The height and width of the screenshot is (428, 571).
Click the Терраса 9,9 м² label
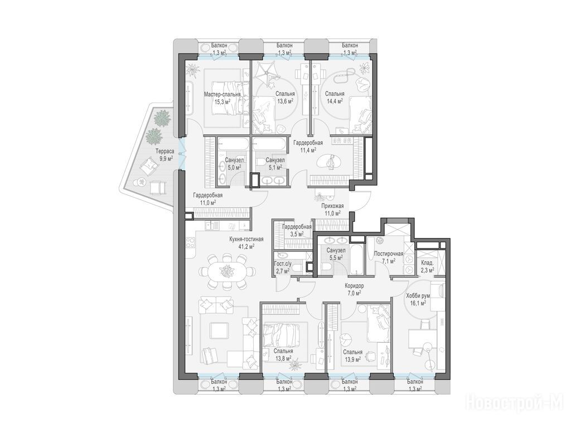(x=164, y=155)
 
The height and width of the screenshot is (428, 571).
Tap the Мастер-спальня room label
(x=222, y=94)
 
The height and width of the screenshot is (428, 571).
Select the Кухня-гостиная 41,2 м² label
(x=246, y=243)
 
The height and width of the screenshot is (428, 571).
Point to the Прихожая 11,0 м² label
(x=332, y=210)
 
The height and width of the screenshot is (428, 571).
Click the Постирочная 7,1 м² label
(x=389, y=257)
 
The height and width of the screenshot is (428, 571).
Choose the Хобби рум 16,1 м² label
(x=416, y=299)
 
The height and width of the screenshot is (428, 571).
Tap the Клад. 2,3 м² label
(x=427, y=266)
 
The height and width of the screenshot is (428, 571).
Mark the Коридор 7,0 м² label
(x=353, y=289)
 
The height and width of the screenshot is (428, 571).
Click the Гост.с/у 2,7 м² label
(x=282, y=267)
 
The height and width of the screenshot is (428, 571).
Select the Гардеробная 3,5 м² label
(x=297, y=230)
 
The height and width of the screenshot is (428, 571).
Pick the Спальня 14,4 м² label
(x=335, y=98)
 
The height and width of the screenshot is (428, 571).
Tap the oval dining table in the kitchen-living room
(x=228, y=271)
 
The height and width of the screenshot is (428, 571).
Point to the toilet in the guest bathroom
(x=298, y=269)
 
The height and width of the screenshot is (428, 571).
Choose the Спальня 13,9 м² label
(x=352, y=356)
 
